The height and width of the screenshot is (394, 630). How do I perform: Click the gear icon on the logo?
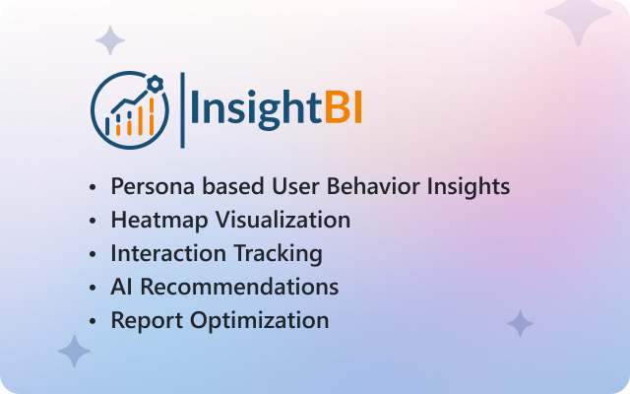tap(155, 83)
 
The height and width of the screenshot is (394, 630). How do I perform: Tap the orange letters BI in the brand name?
tap(344, 107)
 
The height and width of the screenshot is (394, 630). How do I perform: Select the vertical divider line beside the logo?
tap(182, 110)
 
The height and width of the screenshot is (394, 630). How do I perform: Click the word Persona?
tap(154, 186)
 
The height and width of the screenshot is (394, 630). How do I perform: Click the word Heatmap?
tap(159, 221)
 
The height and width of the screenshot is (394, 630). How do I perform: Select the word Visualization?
tap(283, 220)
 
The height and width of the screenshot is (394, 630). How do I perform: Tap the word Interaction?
tap(168, 253)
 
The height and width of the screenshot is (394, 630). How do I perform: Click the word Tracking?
tap(278, 254)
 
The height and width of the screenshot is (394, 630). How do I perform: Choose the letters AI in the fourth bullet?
tap(121, 287)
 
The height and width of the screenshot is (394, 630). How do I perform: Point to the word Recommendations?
tap(239, 287)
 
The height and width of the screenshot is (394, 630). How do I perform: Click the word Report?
tap(147, 321)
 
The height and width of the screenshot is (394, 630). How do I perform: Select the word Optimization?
tap(259, 321)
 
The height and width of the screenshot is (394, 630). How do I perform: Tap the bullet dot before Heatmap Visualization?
tap(93, 221)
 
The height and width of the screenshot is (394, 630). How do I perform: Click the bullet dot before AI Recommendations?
tap(93, 288)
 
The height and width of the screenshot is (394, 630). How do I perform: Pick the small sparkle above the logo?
tap(110, 40)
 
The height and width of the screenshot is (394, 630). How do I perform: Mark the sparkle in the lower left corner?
tap(75, 351)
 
